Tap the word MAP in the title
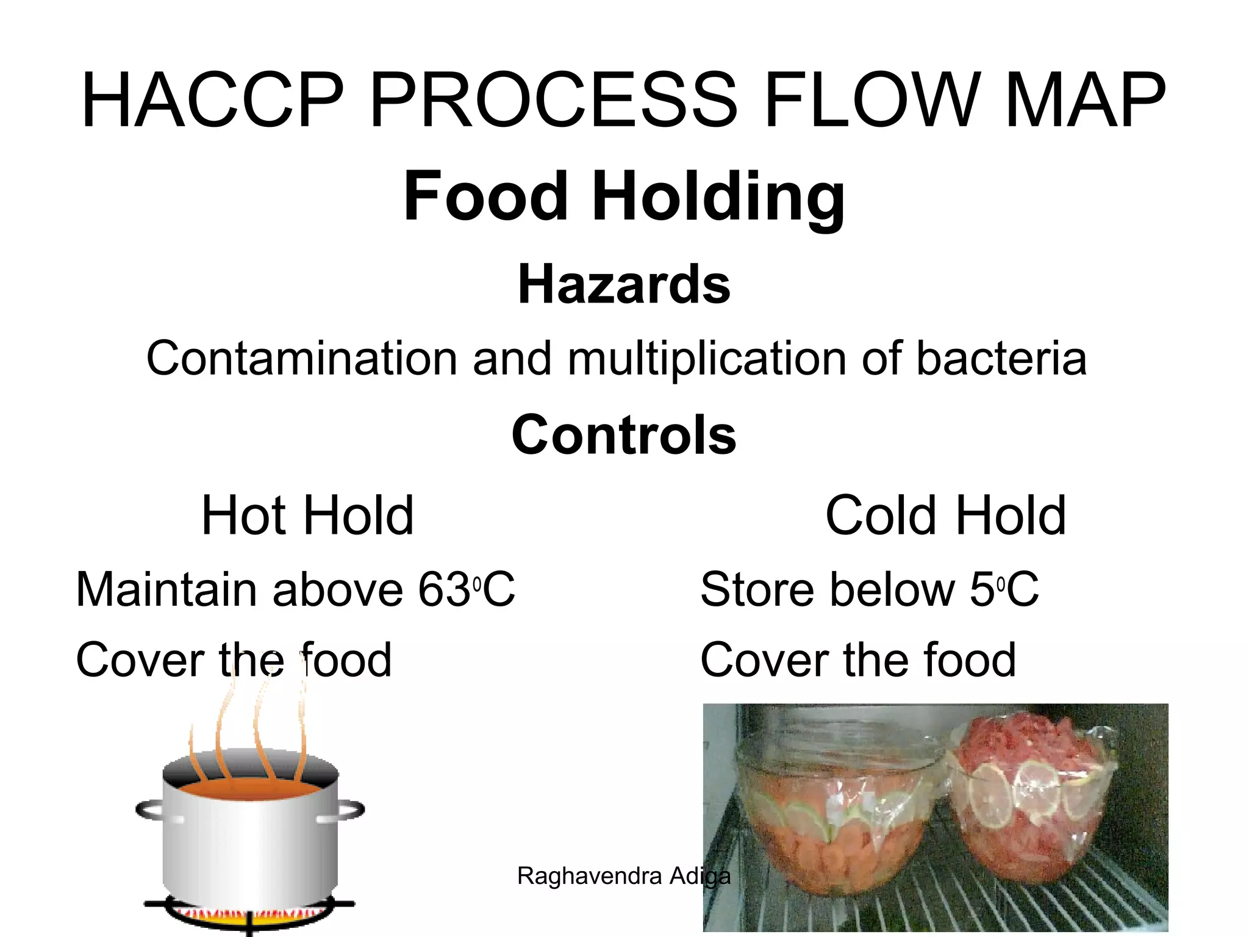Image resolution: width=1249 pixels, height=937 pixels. point(1085,101)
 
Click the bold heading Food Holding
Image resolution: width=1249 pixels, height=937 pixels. point(624,196)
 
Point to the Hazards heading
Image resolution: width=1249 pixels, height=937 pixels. point(624,284)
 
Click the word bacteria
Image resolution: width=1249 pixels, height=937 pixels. point(1001,359)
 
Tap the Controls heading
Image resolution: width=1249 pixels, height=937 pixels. point(624,434)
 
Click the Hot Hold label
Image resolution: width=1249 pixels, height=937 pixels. point(308,516)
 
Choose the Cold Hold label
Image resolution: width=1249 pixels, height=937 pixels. point(946,516)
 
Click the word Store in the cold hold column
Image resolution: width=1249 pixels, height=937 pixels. point(756,590)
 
